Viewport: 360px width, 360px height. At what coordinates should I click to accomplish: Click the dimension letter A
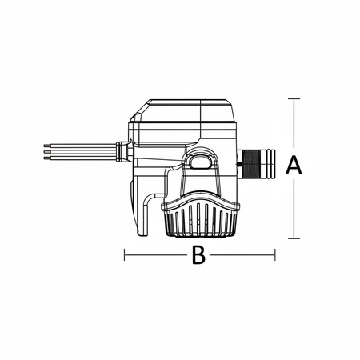(294, 166)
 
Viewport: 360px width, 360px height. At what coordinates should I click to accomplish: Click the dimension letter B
(198, 255)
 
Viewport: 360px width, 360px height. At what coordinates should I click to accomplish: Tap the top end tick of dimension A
(294, 98)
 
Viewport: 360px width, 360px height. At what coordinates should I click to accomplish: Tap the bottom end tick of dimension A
(294, 238)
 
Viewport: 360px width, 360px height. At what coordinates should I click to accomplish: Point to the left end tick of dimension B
(125, 254)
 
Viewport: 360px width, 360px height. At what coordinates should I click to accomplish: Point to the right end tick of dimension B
(274, 254)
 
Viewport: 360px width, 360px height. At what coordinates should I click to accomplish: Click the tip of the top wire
(44, 146)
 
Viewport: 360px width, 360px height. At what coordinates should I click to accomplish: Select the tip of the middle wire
(44, 152)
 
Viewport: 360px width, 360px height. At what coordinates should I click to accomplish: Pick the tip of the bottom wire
(44, 158)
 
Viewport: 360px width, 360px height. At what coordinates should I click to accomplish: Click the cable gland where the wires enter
(124, 152)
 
